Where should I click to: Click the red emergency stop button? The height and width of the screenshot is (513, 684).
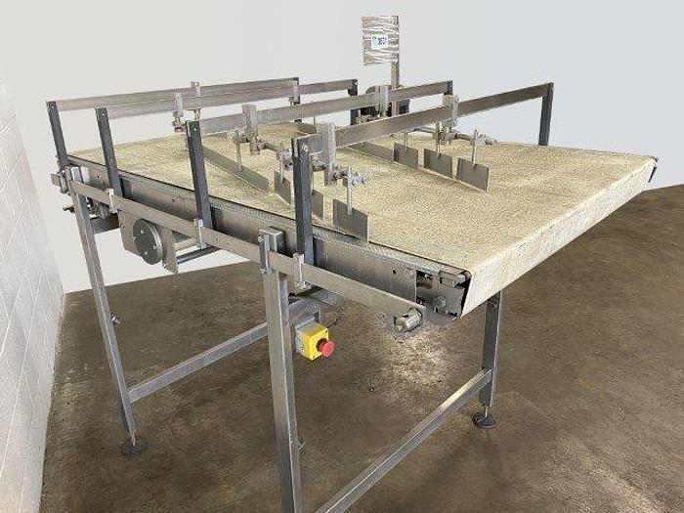pyautogui.click(x=326, y=347)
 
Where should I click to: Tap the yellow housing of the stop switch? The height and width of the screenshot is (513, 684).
pyautogui.click(x=311, y=339)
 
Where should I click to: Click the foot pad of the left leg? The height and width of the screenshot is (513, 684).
pyautogui.click(x=134, y=449)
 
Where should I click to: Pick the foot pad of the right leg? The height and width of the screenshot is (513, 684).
pyautogui.click(x=482, y=419)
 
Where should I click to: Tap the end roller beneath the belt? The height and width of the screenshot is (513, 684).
pyautogui.click(x=408, y=320)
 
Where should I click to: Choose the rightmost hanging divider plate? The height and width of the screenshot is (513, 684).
pyautogui.click(x=474, y=173)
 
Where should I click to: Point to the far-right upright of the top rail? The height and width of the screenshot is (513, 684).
pyautogui.click(x=545, y=114)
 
